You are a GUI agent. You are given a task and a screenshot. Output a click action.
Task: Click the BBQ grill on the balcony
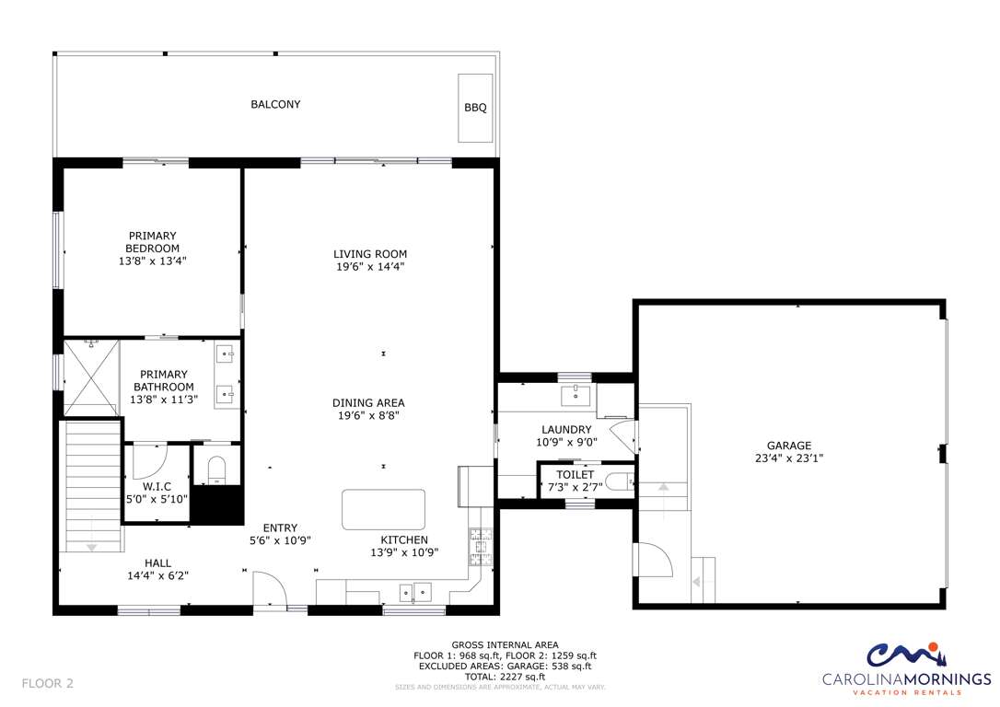tap(475, 108)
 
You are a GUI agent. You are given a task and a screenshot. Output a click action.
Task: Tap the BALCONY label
tap(275, 104)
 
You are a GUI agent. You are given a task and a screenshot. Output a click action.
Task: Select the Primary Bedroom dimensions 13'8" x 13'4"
tap(153, 261)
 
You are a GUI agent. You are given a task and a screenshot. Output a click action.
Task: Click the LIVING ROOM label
tap(370, 254)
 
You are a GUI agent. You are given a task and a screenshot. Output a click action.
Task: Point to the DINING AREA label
tap(368, 403)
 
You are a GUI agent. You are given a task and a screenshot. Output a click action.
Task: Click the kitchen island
tap(383, 509)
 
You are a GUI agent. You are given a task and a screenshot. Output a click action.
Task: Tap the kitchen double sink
tap(415, 592)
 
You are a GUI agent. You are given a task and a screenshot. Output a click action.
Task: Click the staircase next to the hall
tap(93, 486)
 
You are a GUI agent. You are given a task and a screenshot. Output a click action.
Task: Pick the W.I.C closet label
tap(157, 486)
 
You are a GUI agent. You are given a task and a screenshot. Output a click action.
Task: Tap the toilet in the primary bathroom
tap(216, 470)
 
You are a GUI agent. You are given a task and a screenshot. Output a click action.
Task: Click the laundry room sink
tap(576, 395)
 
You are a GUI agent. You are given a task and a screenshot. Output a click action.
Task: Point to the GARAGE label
tap(789, 446)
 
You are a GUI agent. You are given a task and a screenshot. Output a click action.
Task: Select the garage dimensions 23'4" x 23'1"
tap(789, 458)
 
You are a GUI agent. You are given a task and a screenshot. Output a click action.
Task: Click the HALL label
tap(157, 562)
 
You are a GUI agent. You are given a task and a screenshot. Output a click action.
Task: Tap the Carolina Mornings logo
tap(906, 668)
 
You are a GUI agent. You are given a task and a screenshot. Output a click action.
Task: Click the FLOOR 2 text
tap(47, 683)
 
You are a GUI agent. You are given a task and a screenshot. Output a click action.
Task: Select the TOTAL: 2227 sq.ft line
tap(505, 677)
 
